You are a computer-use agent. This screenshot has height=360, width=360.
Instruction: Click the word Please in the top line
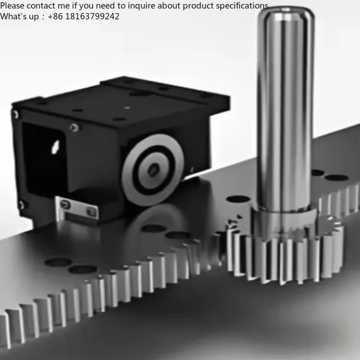coord(12,6)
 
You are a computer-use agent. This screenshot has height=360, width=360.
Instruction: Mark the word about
coord(171,6)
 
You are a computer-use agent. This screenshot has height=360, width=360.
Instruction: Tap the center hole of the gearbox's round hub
coord(153,169)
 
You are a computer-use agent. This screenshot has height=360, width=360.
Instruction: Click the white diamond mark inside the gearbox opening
coord(55,145)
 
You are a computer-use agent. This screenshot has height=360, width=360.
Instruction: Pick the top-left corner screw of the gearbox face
coord(16,114)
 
